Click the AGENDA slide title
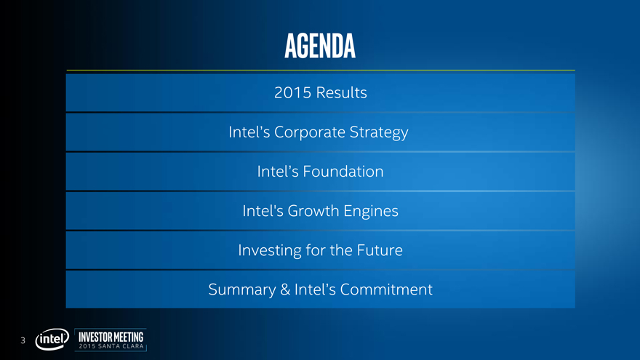coord(320,46)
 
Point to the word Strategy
coord(379,132)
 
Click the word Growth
coord(313,211)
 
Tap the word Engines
coord(371,212)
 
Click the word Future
coord(380,250)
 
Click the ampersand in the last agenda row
coord(285,289)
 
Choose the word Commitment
coord(386,289)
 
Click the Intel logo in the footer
coord(52,339)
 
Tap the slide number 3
coord(23,340)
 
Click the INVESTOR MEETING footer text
coord(111,337)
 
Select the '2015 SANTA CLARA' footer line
coord(111,346)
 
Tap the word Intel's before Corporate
coord(249,132)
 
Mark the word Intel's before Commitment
coord(315,289)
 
